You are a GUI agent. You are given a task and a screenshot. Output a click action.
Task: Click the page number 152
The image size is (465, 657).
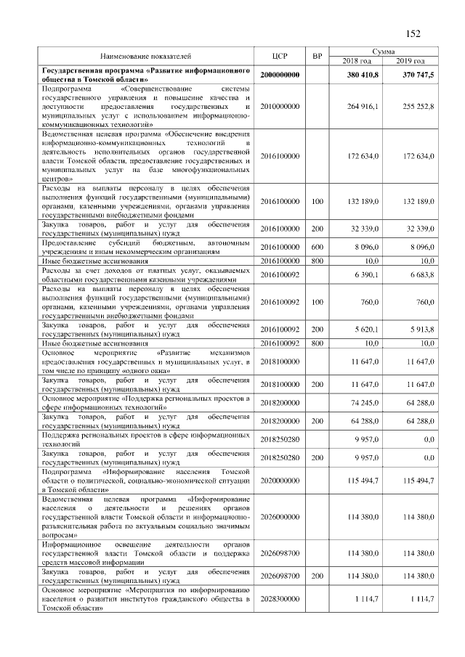point(414,33)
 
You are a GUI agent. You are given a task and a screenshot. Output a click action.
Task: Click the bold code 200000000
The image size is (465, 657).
point(280,75)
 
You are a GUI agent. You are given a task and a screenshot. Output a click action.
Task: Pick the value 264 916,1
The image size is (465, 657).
point(363,106)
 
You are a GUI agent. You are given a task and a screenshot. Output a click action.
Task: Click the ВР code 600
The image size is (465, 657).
point(317,247)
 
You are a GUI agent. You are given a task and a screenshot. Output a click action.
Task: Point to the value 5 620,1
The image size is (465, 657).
point(365,329)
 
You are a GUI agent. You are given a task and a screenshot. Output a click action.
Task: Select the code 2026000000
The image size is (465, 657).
point(280,517)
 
